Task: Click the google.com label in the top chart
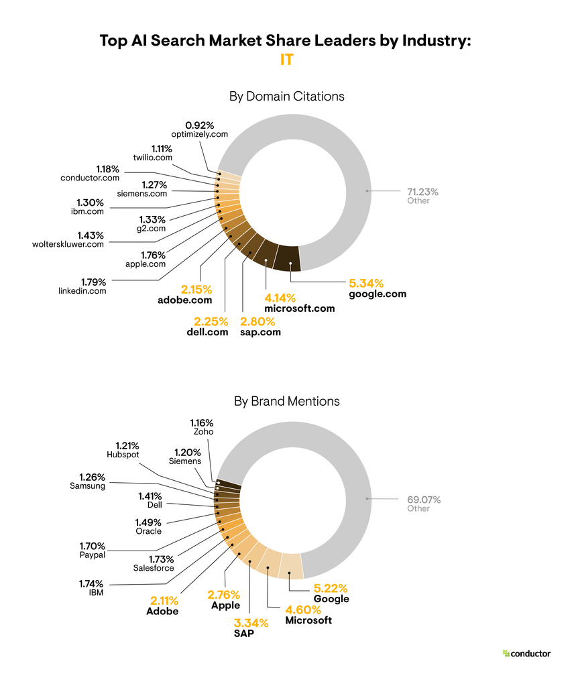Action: (x=378, y=294)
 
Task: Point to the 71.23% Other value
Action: (x=422, y=191)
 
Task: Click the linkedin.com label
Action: (x=82, y=290)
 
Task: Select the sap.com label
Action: (x=261, y=332)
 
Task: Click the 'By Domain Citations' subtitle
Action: (x=287, y=97)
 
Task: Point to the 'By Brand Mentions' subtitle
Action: (x=287, y=401)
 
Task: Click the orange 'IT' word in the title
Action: (x=287, y=60)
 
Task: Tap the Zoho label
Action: (x=203, y=432)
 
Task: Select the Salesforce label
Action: (x=153, y=568)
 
